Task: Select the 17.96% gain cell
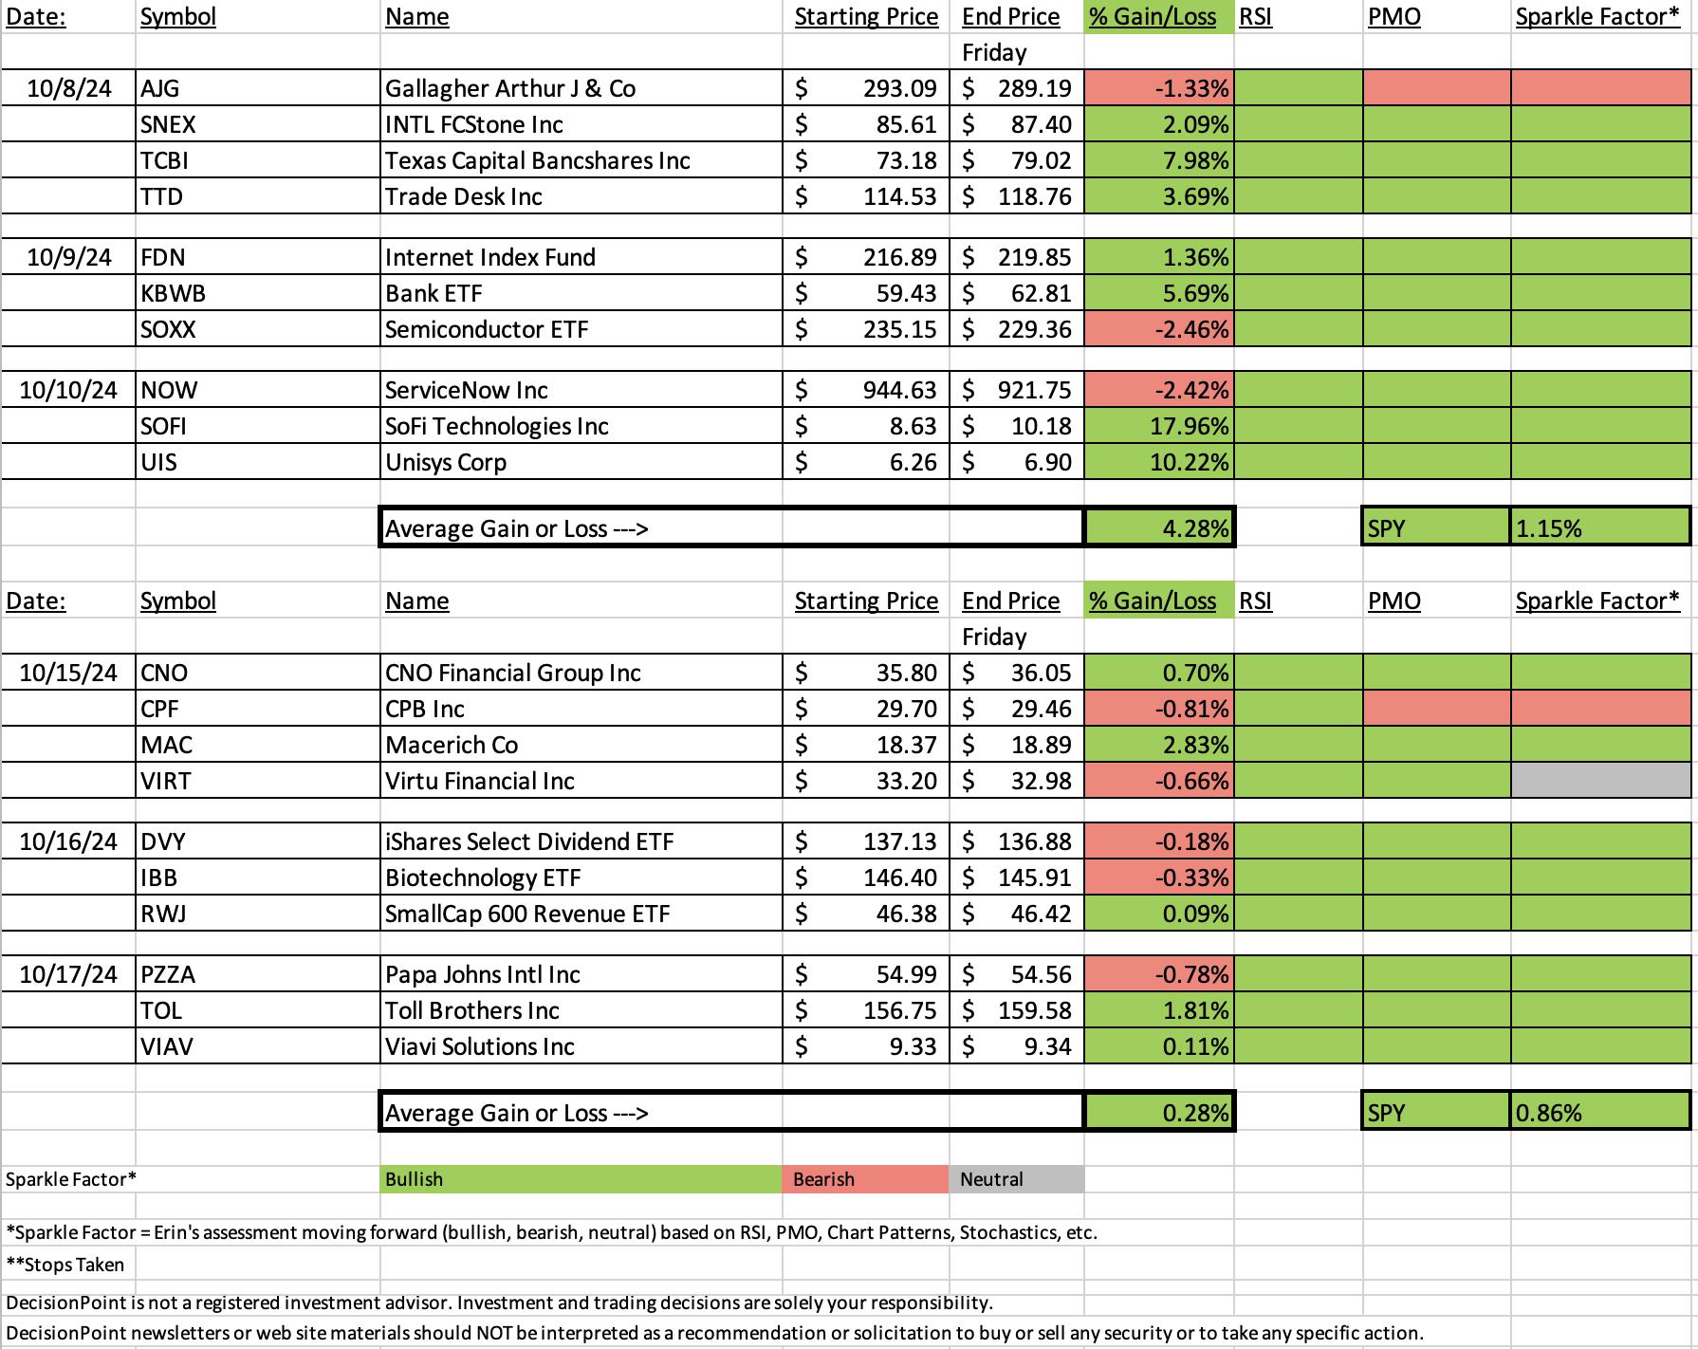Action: [x=1159, y=426]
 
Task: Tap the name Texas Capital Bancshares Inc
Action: [x=538, y=160]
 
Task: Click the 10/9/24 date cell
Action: [x=69, y=257]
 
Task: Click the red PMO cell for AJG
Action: [x=1436, y=88]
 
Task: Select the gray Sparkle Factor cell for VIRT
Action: [x=1600, y=781]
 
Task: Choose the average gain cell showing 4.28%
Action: [x=1159, y=527]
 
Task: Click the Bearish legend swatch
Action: [x=865, y=1179]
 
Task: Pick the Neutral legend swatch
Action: [x=1016, y=1179]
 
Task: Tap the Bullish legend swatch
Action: [x=581, y=1179]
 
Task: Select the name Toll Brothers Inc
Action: [x=472, y=1010]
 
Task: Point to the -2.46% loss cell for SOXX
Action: [x=1159, y=329]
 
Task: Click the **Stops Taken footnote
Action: [x=65, y=1265]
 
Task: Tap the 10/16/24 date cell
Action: [x=68, y=841]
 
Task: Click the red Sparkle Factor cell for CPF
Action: [x=1600, y=709]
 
